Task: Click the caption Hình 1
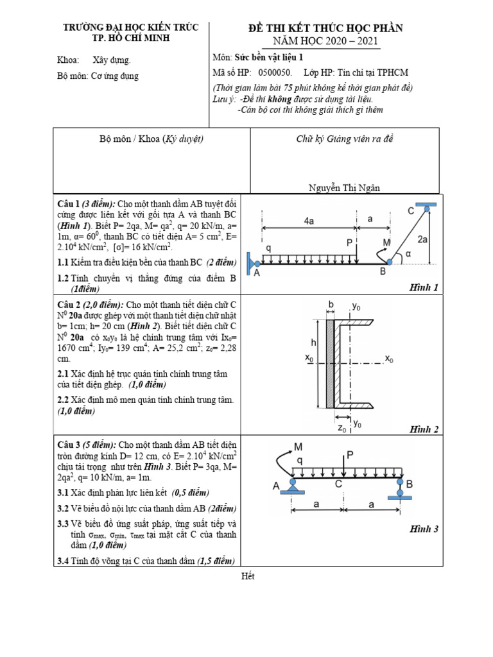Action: (x=424, y=287)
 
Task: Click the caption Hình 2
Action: (x=424, y=429)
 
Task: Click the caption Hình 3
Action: (x=424, y=529)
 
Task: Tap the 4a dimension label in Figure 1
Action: (x=309, y=221)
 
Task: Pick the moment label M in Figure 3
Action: (x=298, y=447)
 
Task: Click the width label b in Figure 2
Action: (x=331, y=303)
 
